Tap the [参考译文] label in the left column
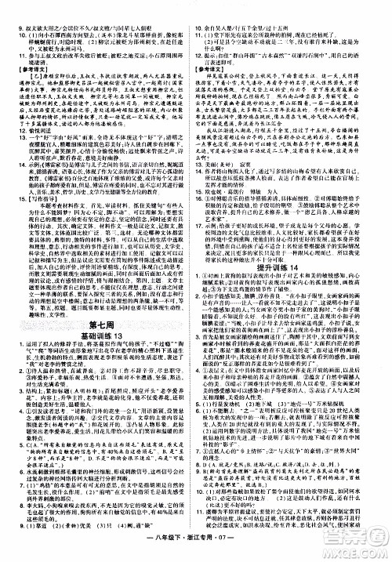tap(27, 68)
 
